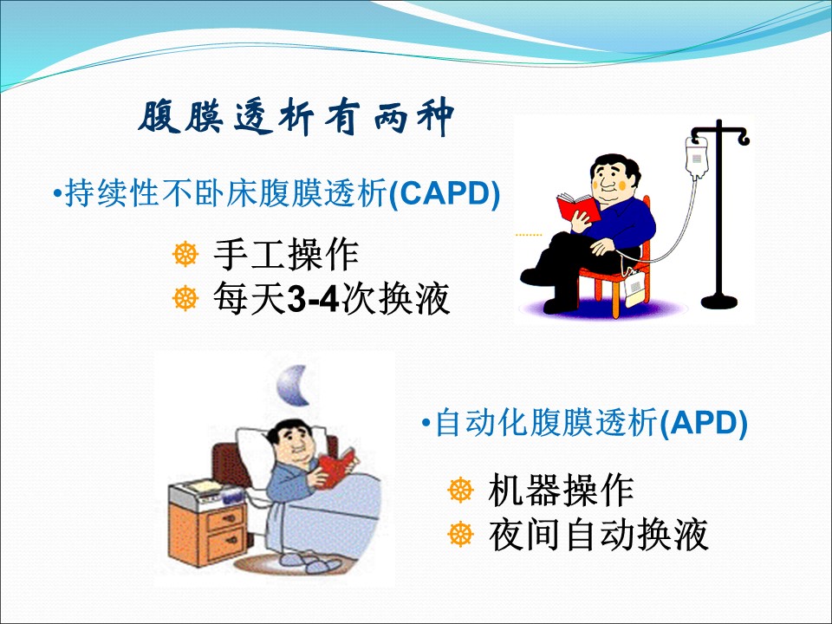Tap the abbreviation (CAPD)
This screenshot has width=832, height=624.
445,193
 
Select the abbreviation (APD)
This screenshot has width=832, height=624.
703,424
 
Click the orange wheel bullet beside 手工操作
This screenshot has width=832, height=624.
185,254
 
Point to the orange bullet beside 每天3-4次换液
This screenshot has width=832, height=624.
185,297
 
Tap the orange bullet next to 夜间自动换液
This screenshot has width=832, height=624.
460,534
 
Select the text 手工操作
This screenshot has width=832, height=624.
286,255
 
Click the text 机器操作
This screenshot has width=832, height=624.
561,490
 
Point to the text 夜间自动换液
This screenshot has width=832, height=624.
598,535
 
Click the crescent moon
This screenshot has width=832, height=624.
295,386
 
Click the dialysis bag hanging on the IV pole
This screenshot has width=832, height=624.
697,158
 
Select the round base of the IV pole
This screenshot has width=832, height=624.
719,302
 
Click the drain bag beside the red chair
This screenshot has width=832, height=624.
634,289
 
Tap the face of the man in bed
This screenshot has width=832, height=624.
291,444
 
